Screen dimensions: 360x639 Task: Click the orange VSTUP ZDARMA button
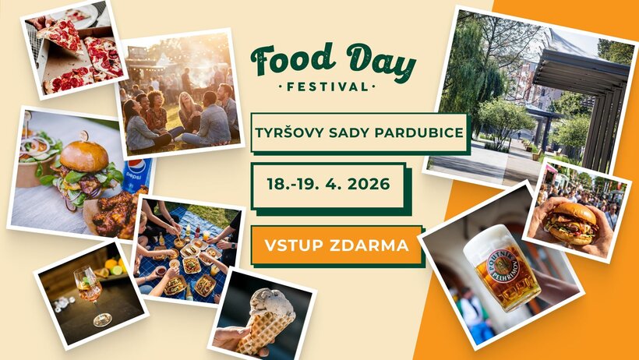pyautogui.click(x=337, y=245)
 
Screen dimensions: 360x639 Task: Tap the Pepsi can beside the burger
pyautogui.click(x=135, y=175)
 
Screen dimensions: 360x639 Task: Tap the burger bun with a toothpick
pyautogui.click(x=83, y=155)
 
